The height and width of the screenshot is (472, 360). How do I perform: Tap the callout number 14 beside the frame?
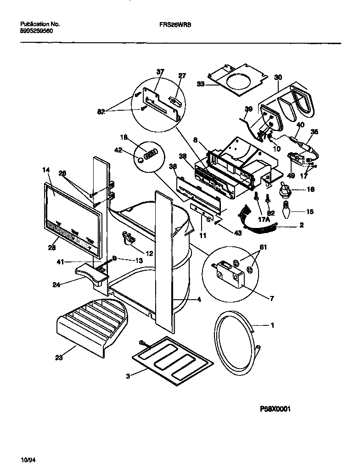[x=46, y=170]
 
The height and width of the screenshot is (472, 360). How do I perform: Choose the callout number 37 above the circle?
[x=160, y=72]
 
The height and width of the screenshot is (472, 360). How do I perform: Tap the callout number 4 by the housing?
[x=199, y=300]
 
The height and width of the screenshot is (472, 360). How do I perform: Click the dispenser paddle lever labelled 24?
[x=90, y=276]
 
